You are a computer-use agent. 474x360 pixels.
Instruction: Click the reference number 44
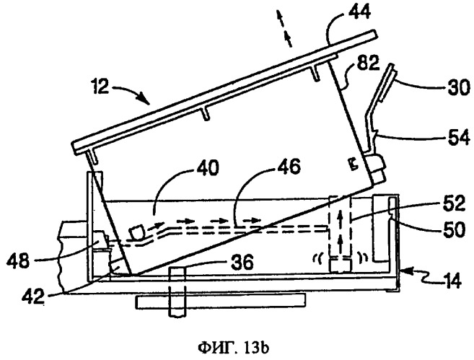pos(360,12)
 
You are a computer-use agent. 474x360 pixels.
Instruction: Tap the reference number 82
pos(368,63)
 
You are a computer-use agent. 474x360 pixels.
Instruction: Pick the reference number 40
pos(207,168)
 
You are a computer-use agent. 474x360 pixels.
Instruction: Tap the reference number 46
pos(289,166)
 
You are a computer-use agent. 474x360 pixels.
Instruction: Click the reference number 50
pos(454,229)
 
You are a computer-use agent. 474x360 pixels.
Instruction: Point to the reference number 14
pos(452,281)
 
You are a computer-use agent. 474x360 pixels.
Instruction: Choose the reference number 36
pos(242,262)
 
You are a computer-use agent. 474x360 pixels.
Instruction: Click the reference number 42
pos(33,296)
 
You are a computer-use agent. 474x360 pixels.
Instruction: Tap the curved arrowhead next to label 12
pos(144,99)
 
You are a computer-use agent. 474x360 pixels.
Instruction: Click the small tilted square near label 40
pos(137,232)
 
